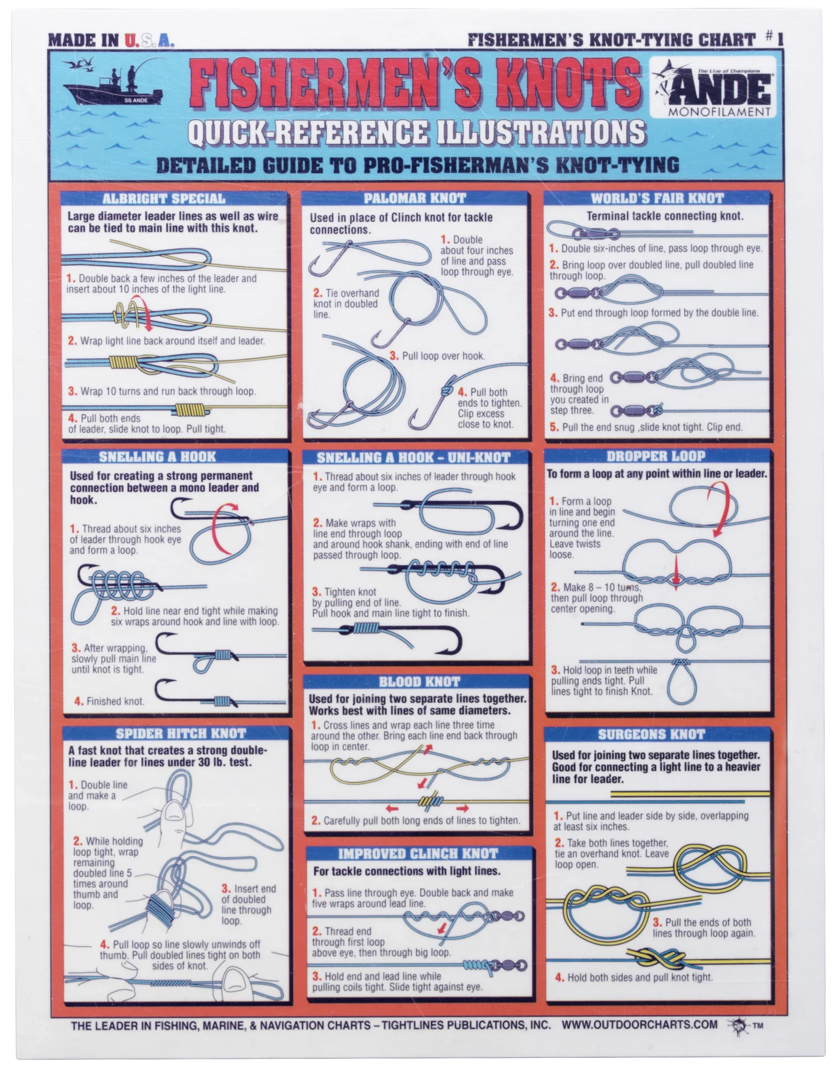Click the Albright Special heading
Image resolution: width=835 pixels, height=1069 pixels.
[164, 199]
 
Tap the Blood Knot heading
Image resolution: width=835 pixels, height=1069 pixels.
[419, 681]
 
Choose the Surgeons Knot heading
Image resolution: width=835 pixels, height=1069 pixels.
[651, 734]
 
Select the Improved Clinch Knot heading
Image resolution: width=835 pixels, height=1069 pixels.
[417, 853]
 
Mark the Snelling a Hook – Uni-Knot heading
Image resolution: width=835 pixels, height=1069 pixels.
[413, 458]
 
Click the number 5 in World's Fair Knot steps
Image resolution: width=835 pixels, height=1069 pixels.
[553, 428]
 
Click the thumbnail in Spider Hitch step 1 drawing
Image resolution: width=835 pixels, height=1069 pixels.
[173, 813]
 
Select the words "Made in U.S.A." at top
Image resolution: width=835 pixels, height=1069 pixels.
[111, 40]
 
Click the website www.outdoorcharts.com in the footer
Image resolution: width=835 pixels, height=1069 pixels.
[639, 1024]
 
